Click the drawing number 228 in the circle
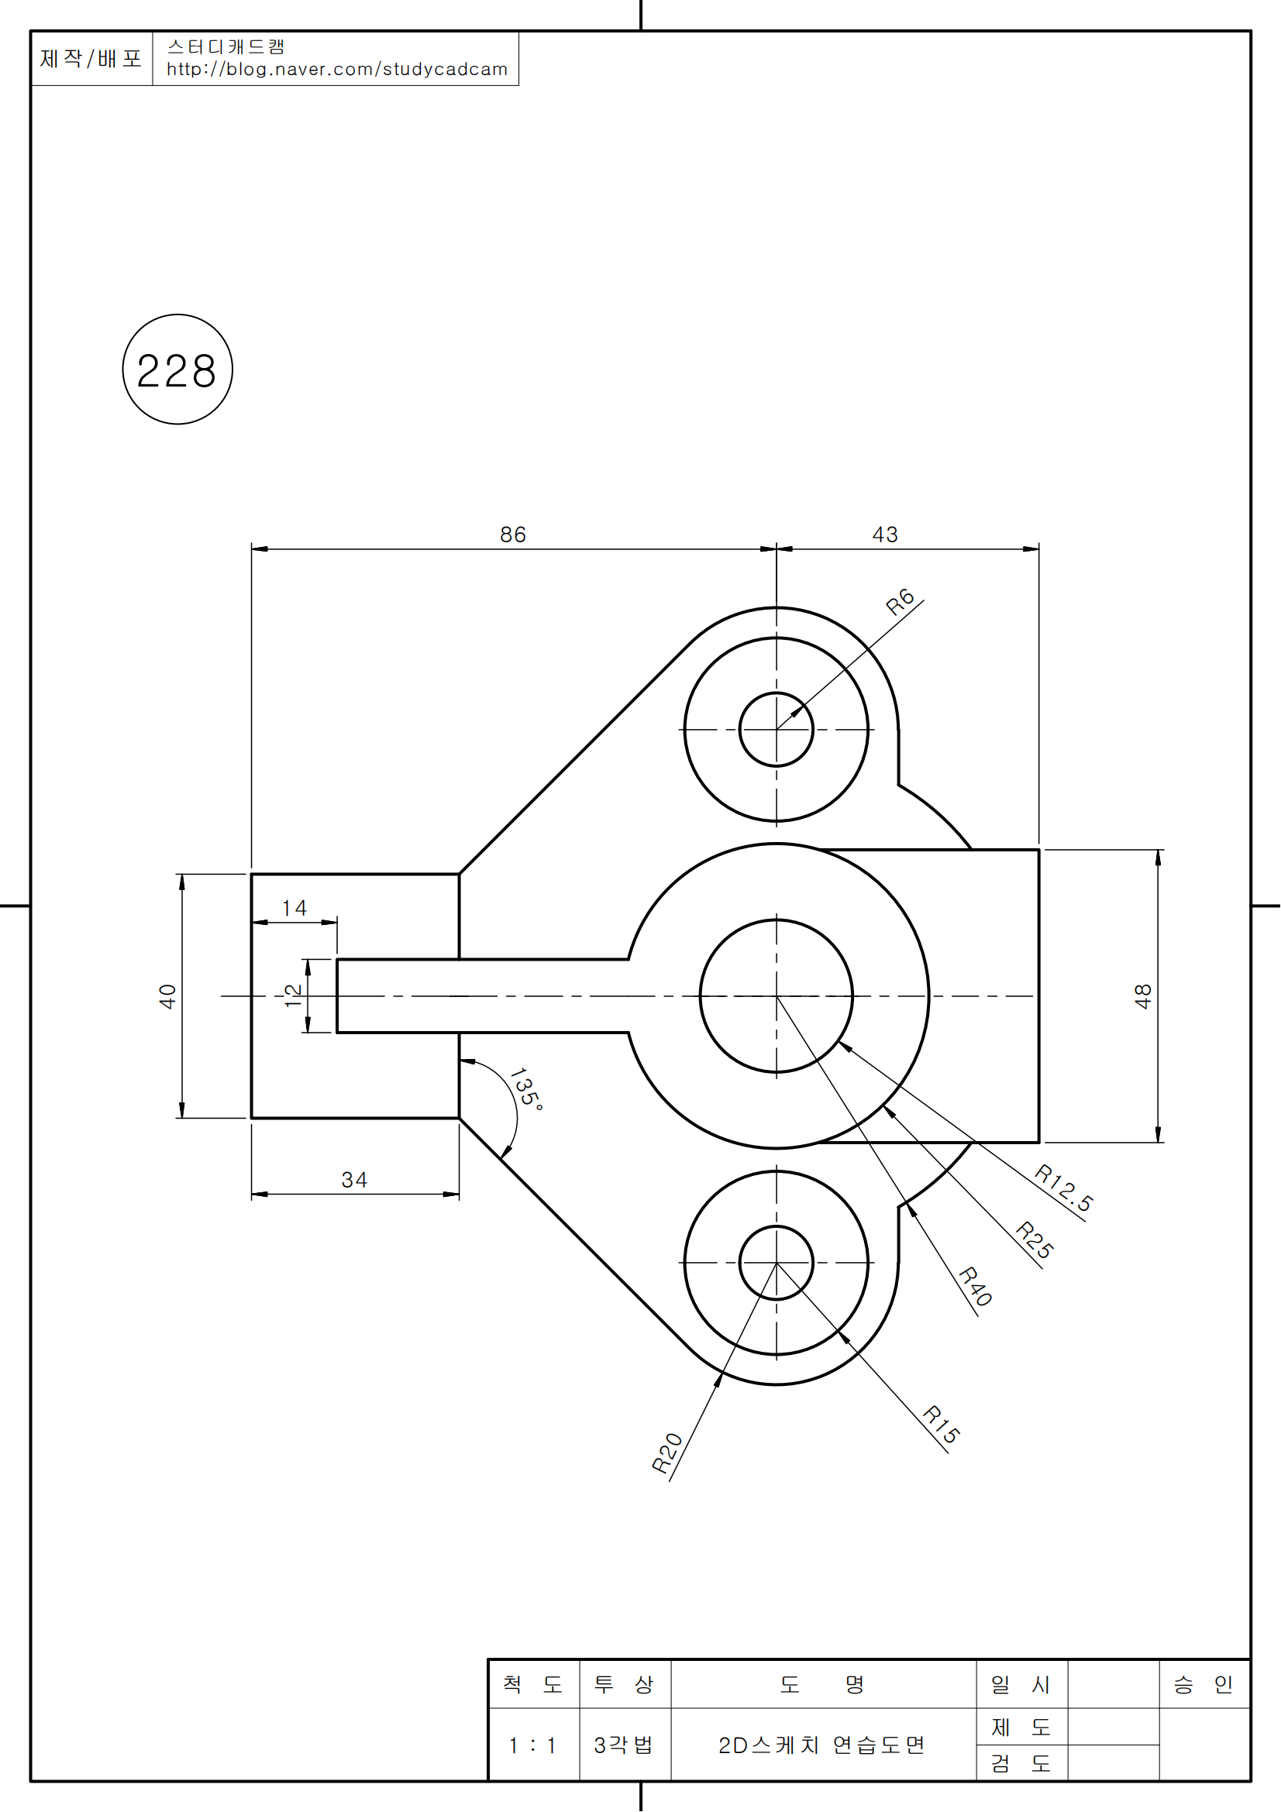(x=177, y=371)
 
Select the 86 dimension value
(x=513, y=535)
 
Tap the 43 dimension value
(x=885, y=535)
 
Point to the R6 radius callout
(x=900, y=602)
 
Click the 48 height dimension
(x=1143, y=996)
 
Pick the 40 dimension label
(x=167, y=996)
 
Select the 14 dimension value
(x=294, y=908)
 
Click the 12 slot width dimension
(x=293, y=995)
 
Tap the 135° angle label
(x=525, y=1090)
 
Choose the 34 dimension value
(x=354, y=1180)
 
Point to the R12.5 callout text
(x=1064, y=1188)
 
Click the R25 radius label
(x=1035, y=1240)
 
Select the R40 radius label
(x=976, y=1287)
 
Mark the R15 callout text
(x=942, y=1425)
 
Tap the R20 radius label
(x=667, y=1453)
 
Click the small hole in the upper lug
(x=776, y=729)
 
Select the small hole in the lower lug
(x=776, y=1263)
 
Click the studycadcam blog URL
(x=337, y=70)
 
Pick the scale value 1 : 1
(x=532, y=1745)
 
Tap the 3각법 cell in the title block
(x=624, y=1745)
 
